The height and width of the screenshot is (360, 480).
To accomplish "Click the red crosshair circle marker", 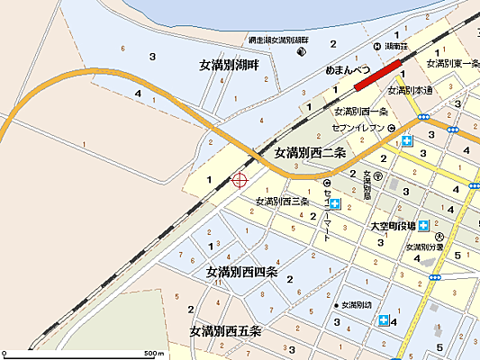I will [240, 180].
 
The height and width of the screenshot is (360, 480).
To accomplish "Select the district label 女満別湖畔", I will [230, 66].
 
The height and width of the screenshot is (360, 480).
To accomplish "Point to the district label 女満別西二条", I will [311, 153].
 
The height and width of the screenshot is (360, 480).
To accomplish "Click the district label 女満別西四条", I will [241, 272].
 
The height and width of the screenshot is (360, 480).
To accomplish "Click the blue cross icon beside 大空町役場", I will [422, 226].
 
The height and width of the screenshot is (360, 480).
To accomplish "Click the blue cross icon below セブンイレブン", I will [408, 141].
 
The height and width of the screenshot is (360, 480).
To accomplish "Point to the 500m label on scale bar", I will [155, 353].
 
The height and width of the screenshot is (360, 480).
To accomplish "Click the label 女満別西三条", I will [282, 201].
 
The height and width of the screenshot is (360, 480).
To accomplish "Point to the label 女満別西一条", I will [360, 112].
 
